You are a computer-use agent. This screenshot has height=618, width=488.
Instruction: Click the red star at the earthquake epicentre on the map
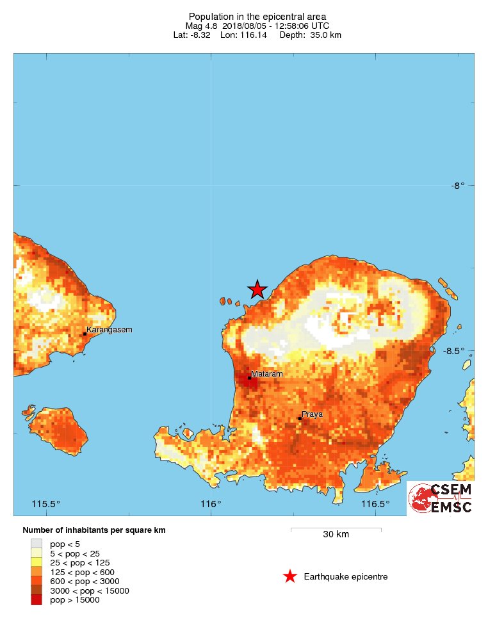(257, 289)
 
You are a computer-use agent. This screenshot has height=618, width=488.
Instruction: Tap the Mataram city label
(267, 373)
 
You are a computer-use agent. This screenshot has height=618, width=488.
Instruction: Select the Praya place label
(313, 414)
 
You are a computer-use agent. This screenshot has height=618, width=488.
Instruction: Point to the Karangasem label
(110, 330)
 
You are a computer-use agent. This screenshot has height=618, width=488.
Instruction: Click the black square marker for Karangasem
(85, 334)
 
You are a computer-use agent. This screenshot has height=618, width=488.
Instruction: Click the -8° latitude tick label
(457, 186)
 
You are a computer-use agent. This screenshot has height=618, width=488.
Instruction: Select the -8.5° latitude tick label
(457, 351)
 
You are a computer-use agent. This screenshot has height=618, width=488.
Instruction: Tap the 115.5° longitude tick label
(46, 503)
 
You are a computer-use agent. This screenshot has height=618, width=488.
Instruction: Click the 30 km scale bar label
(336, 535)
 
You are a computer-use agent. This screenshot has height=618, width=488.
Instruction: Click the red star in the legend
(290, 576)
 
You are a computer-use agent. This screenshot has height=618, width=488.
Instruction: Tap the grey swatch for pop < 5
(37, 544)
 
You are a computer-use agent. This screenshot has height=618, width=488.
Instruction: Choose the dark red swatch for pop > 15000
(37, 600)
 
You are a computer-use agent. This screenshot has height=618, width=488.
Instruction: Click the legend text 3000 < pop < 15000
(90, 590)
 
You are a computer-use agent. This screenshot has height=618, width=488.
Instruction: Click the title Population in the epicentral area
(257, 16)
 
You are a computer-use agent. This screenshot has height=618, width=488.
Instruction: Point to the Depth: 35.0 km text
(311, 35)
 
